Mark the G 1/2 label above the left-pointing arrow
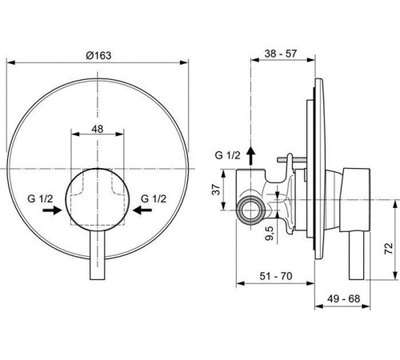click(154, 196)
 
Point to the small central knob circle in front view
click(98, 197)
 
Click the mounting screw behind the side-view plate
click(296, 162)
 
